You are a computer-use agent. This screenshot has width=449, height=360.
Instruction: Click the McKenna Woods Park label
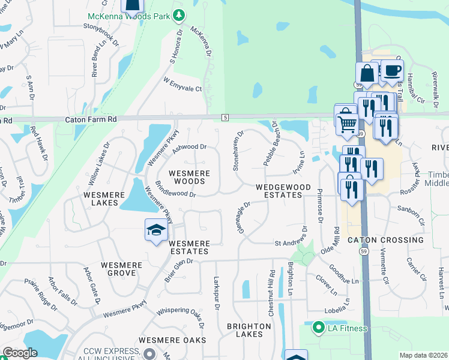click(129, 17)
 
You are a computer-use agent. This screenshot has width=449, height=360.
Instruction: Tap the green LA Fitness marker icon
click(317, 328)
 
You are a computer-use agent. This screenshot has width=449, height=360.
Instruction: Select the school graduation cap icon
click(156, 230)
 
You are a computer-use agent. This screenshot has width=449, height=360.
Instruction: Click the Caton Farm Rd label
click(91, 120)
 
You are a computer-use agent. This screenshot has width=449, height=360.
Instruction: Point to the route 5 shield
click(225, 116)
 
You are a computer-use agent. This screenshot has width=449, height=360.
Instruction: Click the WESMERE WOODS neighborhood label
click(190, 177)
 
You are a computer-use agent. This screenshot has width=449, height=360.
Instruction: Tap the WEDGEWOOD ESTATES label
click(279, 191)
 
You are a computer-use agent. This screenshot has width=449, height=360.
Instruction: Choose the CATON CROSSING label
click(385, 240)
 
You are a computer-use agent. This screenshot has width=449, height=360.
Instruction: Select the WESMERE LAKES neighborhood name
click(103, 199)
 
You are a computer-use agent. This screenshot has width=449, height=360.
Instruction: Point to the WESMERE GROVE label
click(122, 269)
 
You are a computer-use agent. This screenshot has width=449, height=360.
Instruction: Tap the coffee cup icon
click(393, 71)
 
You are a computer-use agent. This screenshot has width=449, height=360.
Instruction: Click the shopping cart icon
click(347, 125)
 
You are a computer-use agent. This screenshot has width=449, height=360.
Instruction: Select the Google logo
click(20, 353)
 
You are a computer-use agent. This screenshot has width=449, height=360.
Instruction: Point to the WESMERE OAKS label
click(172, 340)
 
